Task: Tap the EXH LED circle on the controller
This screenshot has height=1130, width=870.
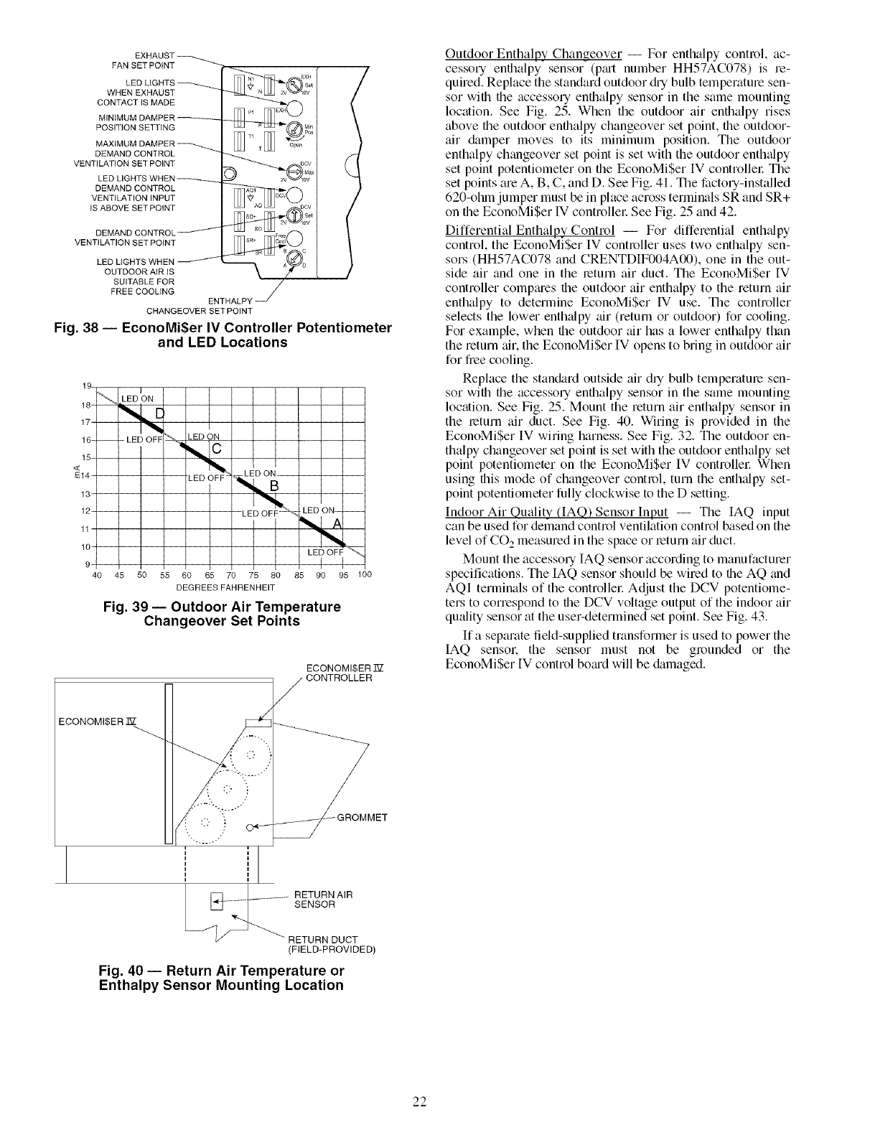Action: (x=295, y=109)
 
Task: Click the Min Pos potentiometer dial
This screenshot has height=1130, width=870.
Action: (x=294, y=130)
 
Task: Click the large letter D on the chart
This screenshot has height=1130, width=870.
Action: (x=161, y=412)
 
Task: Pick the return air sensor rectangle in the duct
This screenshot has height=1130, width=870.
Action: (x=215, y=898)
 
